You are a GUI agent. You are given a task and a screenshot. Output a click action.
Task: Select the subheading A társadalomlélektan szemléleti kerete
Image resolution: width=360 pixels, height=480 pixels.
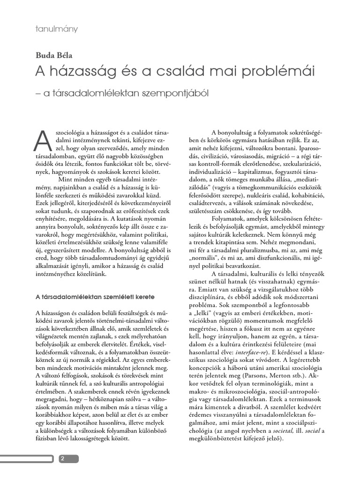coord(95,297)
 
